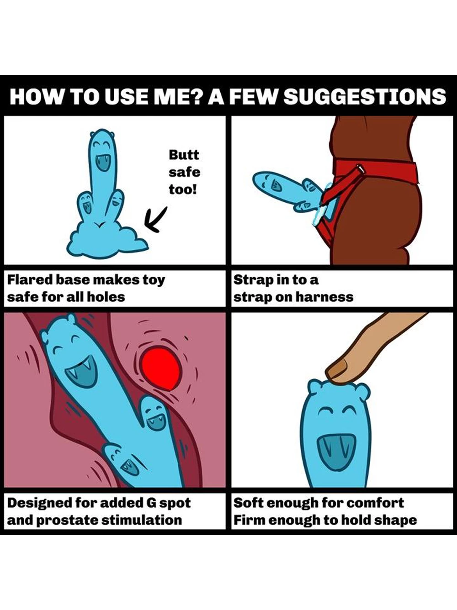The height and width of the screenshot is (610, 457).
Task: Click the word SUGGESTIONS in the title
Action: (x=365, y=96)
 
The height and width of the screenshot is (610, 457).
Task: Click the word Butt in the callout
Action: (x=184, y=155)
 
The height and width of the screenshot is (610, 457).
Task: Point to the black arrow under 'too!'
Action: (x=155, y=219)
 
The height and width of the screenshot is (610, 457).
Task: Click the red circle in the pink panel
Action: (x=161, y=368)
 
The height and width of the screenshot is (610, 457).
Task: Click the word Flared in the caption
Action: (x=30, y=279)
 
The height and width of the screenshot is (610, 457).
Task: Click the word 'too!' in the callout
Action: (x=182, y=189)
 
